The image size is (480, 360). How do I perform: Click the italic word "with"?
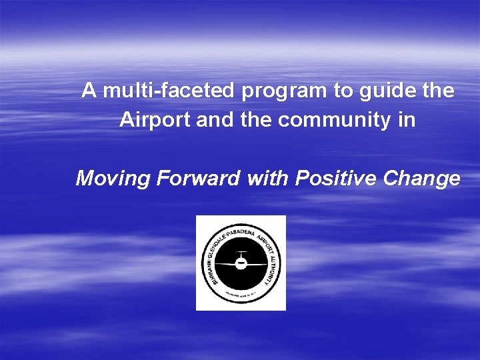coord(267,179)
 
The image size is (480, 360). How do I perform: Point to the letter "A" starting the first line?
coord(88,91)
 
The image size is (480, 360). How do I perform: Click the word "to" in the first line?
coord(344,91)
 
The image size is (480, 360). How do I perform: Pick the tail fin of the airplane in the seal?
coord(241,254)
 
